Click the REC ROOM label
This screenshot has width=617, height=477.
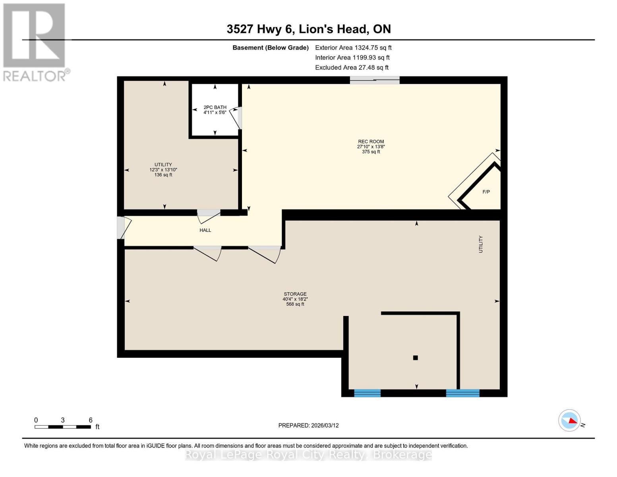click(371, 142)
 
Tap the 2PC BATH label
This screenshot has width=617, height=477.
click(215, 107)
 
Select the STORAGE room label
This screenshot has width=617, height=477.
click(295, 294)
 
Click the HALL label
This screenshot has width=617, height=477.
click(205, 230)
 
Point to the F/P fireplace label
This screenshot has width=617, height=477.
click(486, 192)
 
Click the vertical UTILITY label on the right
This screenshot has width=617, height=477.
click(481, 244)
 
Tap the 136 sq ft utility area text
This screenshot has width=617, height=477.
click(163, 175)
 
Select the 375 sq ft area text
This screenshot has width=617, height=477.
click(371, 152)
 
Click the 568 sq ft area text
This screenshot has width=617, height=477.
click(295, 304)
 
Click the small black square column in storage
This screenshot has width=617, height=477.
click(416, 358)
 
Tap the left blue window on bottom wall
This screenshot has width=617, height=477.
click(367, 393)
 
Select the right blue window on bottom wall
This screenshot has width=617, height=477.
click(462, 393)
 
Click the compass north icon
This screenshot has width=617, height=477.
click(570, 420)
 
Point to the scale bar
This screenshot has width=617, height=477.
click(63, 427)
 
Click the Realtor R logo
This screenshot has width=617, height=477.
click(34, 36)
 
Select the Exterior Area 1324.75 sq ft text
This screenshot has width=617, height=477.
click(353, 48)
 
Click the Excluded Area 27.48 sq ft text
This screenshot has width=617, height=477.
click(352, 68)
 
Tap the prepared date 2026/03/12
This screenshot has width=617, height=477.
click(308, 425)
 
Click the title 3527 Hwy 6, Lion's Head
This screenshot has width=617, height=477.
click(309, 29)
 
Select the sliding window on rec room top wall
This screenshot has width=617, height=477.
click(375, 80)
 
